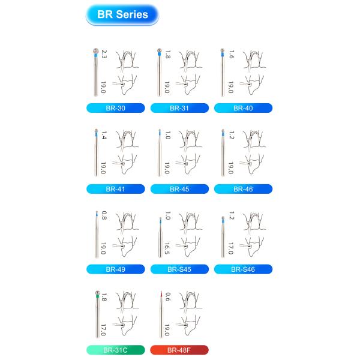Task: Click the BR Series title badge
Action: click(x=122, y=14)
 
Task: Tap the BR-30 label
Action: click(x=115, y=108)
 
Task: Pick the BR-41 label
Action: click(x=115, y=188)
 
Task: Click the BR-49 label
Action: click(x=115, y=269)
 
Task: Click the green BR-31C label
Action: click(x=115, y=350)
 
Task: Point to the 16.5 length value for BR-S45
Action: click(x=168, y=248)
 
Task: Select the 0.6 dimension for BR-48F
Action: click(x=168, y=296)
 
